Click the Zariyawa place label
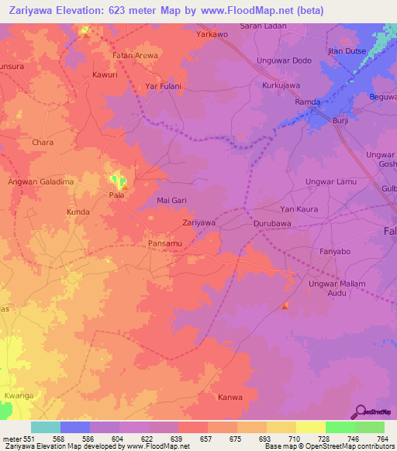(x=198, y=222)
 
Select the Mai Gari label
(x=172, y=200)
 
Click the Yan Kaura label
(x=299, y=209)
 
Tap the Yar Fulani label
(x=163, y=87)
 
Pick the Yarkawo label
(x=212, y=35)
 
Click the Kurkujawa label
(x=281, y=85)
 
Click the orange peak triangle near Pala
(x=124, y=187)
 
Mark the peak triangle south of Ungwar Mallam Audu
(x=285, y=305)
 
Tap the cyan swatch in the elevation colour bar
(x=45, y=427)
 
